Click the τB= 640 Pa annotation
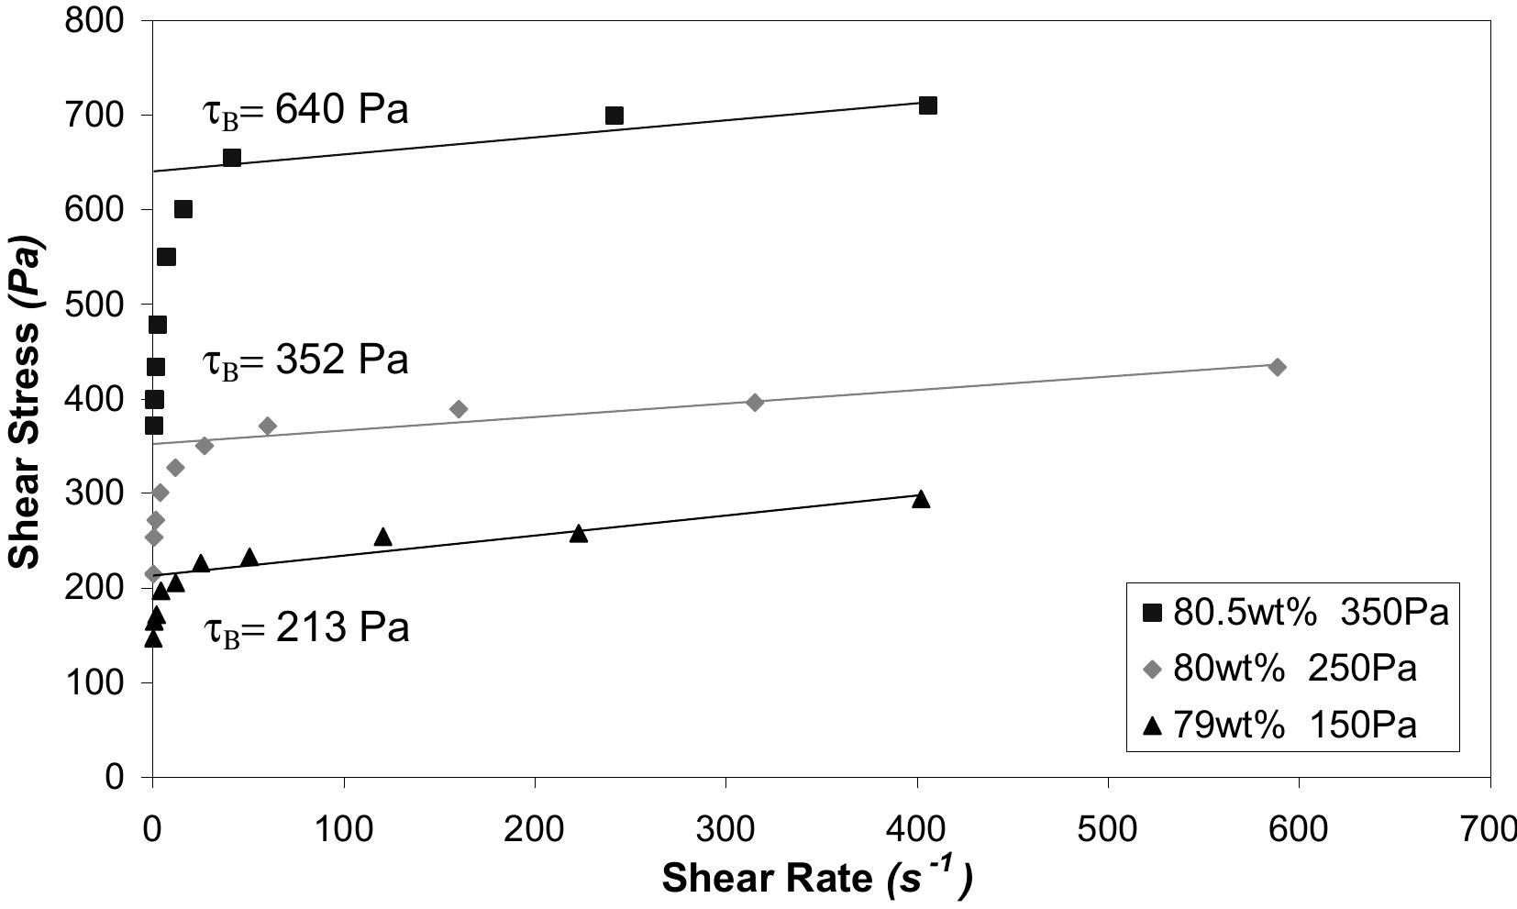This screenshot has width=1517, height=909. [x=305, y=111]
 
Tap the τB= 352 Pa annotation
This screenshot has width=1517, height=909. [x=305, y=360]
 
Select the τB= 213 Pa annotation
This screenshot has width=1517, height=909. [x=305, y=630]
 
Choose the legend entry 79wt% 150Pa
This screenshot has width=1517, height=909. [x=1281, y=726]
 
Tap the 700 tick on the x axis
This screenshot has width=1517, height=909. [x=1489, y=830]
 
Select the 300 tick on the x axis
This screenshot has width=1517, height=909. [x=725, y=830]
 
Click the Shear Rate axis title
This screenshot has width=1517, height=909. [x=817, y=878]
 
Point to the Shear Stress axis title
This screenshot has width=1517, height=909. [x=26, y=399]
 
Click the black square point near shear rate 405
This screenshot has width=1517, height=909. [x=928, y=105]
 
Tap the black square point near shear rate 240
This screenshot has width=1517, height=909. [x=615, y=116]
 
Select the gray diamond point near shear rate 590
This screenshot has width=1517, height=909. [x=1277, y=367]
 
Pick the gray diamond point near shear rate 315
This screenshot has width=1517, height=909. [x=755, y=402]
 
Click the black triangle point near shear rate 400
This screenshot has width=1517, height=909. [x=921, y=499]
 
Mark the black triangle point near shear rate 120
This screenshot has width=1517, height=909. [x=383, y=537]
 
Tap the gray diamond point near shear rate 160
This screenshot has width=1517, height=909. [x=459, y=409]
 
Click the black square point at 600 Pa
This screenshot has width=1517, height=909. [x=183, y=209]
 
